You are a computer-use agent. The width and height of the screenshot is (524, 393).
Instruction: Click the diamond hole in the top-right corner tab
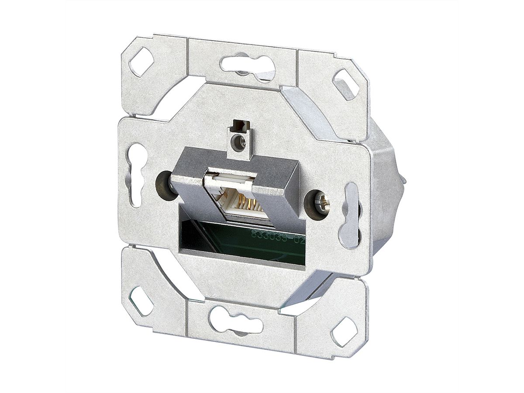click(346, 84)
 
